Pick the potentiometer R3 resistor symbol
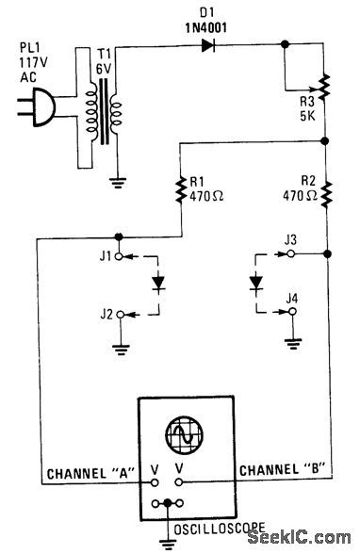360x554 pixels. tap(324, 88)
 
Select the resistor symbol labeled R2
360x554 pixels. tap(324, 193)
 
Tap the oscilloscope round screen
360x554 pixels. tap(180, 436)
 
